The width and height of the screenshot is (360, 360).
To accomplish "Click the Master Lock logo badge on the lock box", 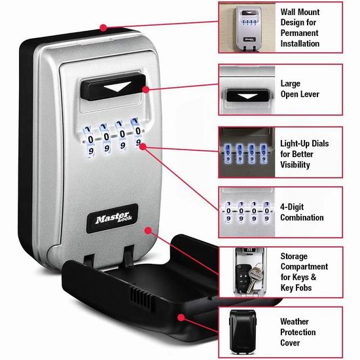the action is [113, 219].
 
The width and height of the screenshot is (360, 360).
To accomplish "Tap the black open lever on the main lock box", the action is [113, 87].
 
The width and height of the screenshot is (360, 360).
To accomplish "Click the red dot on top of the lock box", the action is [103, 27].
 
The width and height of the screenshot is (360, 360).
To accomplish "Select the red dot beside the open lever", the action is [145, 89].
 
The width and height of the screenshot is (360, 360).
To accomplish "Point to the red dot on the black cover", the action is [181, 317].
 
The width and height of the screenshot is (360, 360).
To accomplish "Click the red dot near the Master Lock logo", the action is [149, 230].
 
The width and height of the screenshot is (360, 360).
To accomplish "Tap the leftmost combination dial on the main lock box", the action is [90, 141].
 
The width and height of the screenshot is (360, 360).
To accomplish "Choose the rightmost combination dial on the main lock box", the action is [137, 134].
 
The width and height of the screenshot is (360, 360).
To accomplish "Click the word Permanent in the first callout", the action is [299, 33].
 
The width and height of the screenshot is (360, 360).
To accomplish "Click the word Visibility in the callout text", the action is [295, 164].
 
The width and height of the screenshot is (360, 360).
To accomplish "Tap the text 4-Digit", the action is [292, 207].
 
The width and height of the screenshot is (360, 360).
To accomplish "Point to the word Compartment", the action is [304, 267].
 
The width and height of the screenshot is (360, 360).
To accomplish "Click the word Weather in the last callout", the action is [295, 321].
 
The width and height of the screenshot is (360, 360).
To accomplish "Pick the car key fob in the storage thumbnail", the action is [242, 278].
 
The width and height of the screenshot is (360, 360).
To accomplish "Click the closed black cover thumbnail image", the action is [242, 332].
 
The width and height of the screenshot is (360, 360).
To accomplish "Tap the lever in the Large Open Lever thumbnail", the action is [247, 95].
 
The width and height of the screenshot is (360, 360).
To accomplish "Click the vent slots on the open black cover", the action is [141, 298].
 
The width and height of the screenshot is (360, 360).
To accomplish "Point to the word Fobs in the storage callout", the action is [302, 288].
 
